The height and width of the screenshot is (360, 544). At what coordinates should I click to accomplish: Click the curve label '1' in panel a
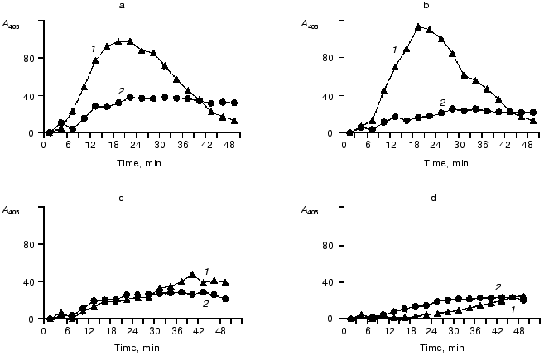(x=93, y=50)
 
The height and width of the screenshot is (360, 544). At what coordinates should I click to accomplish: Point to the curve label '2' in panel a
(x=121, y=90)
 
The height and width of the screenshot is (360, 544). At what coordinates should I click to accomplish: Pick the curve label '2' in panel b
(x=442, y=103)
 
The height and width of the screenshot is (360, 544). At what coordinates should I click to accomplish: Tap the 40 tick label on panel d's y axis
(x=330, y=282)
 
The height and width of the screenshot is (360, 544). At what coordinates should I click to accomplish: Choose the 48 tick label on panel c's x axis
(x=224, y=329)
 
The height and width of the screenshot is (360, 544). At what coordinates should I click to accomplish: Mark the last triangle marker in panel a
(x=234, y=121)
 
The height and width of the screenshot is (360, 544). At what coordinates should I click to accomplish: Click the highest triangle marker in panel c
(x=192, y=274)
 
